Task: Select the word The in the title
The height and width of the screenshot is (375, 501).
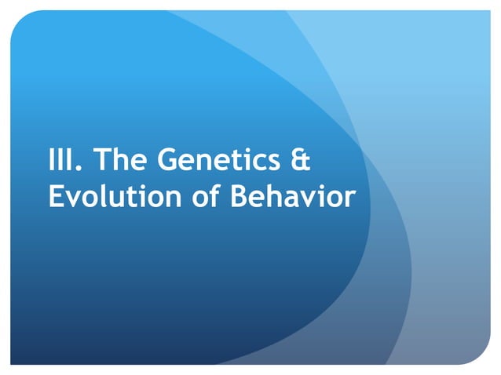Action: point(122,161)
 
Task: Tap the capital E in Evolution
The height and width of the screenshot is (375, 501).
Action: point(56,197)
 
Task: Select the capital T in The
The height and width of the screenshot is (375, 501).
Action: point(103,161)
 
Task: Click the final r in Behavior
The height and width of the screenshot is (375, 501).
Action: point(349,200)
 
